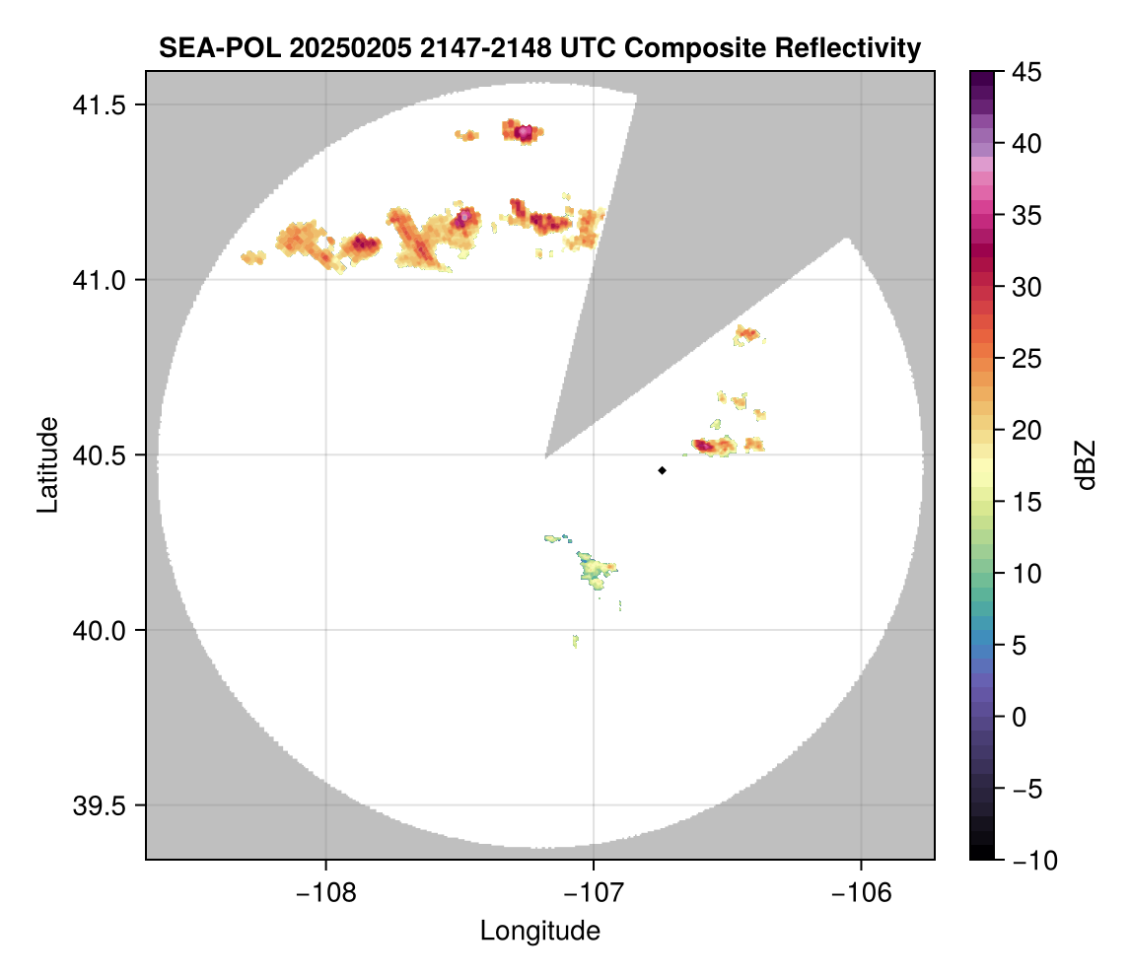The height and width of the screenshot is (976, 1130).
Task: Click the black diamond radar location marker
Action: pos(663,470)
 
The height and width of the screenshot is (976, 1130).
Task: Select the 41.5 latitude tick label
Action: pos(100,105)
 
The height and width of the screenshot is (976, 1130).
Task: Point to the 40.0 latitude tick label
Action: pos(100,630)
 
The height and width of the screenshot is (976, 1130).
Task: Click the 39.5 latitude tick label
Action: pos(100,805)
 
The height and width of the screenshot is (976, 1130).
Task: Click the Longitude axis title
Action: pos(540,930)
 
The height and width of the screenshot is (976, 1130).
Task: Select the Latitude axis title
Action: pos(47,464)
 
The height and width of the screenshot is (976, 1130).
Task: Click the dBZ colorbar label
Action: pos(1086,465)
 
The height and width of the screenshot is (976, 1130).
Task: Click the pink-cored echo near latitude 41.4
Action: pos(524,131)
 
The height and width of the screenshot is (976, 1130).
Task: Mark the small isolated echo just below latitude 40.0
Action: pos(575,641)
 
